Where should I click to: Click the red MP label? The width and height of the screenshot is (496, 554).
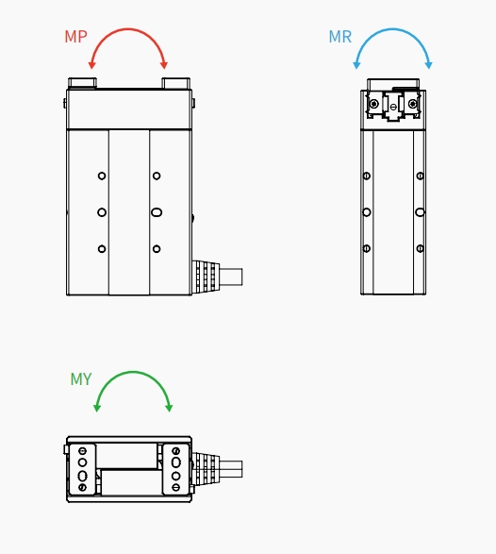(x=75, y=37)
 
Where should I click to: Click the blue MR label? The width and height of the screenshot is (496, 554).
(x=340, y=37)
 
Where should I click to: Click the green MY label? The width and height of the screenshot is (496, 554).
(x=81, y=379)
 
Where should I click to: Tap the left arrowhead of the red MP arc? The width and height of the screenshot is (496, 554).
(x=91, y=65)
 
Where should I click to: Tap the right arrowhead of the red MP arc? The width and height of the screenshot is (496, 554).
(x=164, y=65)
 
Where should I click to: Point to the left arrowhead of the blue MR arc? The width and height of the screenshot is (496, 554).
(x=356, y=65)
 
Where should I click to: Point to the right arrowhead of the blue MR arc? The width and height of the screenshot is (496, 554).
(x=428, y=65)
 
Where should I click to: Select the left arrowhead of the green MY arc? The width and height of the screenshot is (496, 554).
(x=97, y=408)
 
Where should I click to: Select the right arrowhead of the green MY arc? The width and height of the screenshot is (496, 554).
(x=169, y=408)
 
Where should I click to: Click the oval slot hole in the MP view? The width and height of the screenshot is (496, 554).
(x=157, y=212)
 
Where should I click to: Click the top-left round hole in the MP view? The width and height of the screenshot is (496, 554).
(x=102, y=176)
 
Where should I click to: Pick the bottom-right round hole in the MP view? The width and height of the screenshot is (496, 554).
(x=157, y=249)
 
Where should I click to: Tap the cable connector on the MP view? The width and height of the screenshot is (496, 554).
(x=217, y=277)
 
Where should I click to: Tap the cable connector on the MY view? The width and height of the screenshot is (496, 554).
(x=217, y=468)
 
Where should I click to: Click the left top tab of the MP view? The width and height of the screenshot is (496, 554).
(x=82, y=83)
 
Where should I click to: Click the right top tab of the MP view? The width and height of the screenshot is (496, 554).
(x=175, y=83)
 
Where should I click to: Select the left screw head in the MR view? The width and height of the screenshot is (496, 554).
(x=373, y=104)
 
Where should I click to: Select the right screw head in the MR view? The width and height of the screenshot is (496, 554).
(x=413, y=104)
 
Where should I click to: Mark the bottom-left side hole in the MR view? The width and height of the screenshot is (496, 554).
(x=367, y=249)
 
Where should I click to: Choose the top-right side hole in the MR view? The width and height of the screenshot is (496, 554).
(x=421, y=176)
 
